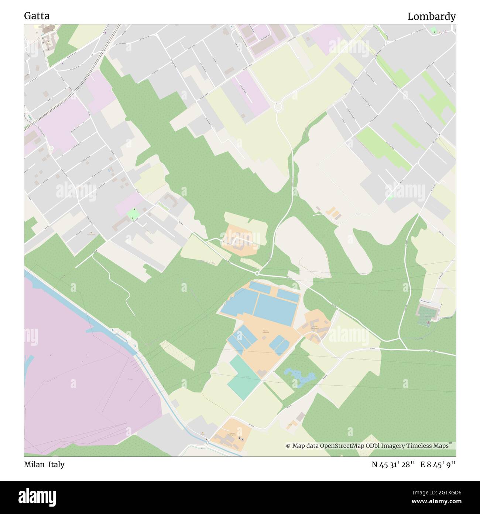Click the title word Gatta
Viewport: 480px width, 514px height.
click(37, 16)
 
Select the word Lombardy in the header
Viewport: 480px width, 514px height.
click(431, 17)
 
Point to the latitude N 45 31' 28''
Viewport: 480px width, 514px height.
click(394, 464)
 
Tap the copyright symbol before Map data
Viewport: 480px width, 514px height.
click(288, 446)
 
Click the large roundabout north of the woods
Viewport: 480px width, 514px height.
click(278, 107)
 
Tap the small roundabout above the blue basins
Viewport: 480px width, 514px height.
click(257, 274)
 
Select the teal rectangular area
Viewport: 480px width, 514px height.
click(244, 377)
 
